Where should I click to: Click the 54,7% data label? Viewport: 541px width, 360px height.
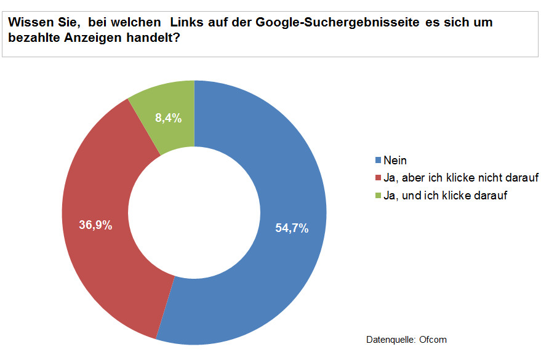coord(292,228)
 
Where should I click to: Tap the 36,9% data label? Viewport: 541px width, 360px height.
coord(95,225)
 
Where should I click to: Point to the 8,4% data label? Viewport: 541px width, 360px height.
coord(167,119)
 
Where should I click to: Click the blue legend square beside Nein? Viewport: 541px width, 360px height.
coord(378,161)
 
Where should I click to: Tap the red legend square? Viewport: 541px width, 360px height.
coord(378,178)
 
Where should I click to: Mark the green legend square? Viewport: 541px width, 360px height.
coord(378,196)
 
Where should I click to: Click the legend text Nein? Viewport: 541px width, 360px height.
coord(395,161)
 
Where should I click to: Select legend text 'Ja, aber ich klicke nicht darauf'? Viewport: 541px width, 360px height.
coord(461,178)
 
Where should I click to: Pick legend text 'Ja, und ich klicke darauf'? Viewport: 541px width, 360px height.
coord(445,196)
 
